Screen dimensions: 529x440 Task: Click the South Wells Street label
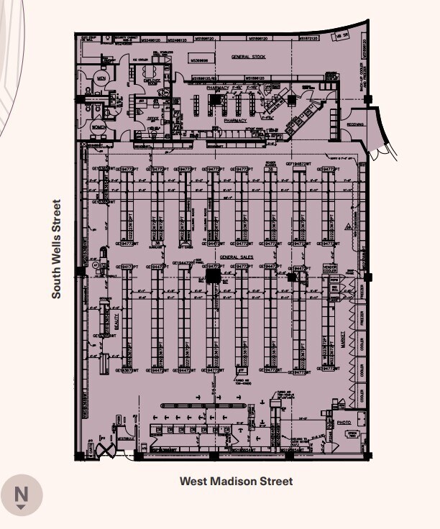pos(56,249)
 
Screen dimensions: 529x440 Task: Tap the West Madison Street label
pos(236,481)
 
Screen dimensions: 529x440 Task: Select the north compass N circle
pos(21,495)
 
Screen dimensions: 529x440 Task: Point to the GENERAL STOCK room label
pos(248,56)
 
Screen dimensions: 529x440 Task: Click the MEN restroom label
pos(102,77)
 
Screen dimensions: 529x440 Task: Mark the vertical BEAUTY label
pos(116,322)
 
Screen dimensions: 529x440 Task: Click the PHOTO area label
pos(344,423)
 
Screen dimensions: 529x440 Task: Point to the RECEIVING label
pos(355,124)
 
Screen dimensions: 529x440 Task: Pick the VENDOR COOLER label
pos(330,269)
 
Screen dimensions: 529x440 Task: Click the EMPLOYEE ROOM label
pos(151,84)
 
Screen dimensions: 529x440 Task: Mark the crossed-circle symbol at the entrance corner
pos(106,451)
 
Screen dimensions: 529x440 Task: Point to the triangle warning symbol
pos(348,228)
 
